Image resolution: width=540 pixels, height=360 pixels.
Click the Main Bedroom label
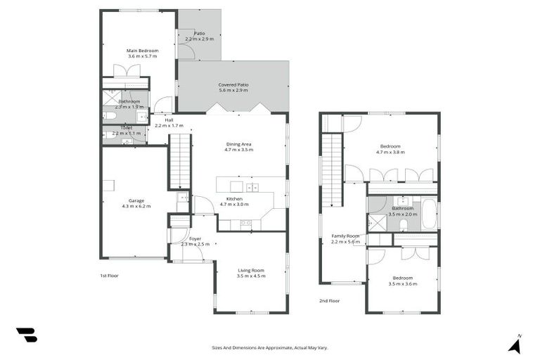coord(142,51)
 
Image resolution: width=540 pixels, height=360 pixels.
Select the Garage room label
coord(136,200)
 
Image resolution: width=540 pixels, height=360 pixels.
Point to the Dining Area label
coord(238,143)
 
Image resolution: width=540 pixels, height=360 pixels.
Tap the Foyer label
coord(195,238)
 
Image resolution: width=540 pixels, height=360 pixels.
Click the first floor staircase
coord(180,160)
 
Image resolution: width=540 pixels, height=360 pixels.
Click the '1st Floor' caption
coord(109,276)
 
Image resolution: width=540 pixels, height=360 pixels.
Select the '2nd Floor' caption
coord(329,300)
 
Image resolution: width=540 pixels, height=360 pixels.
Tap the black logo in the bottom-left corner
coord(26,335)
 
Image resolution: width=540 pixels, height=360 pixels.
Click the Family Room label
coord(345,236)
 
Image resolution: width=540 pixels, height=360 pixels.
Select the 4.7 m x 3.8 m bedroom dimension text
coord(390,152)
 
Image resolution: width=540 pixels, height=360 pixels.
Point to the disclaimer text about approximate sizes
coord(269,347)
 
